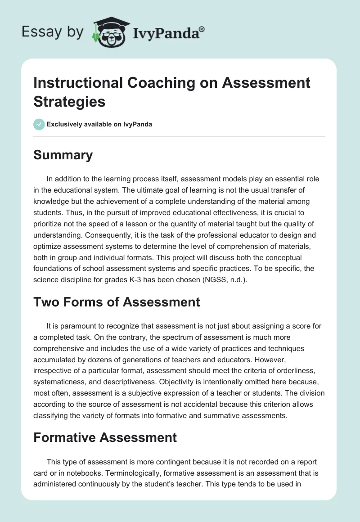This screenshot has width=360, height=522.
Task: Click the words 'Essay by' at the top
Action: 53,32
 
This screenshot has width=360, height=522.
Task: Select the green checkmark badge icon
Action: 39,124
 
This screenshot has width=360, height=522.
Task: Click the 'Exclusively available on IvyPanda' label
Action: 99,124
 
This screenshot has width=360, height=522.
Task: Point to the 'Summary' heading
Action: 63,155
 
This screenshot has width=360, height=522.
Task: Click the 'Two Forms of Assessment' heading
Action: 117,301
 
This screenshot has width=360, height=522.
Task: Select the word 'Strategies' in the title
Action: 69,102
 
